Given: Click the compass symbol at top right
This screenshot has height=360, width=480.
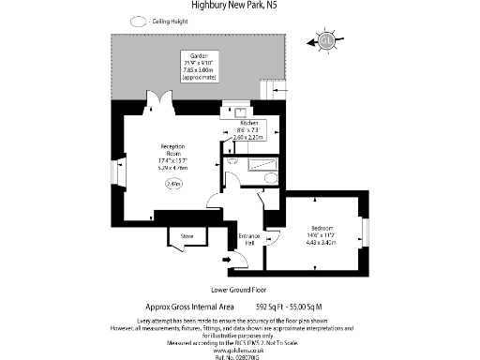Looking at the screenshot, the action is coord(326,39).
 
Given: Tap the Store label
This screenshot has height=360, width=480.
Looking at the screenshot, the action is coord(187,235).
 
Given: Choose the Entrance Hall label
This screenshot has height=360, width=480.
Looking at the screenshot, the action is coord(248,239).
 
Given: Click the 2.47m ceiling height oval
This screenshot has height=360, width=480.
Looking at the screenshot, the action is coord(173,186).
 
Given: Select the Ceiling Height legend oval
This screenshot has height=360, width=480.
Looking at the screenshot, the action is coord(139,21).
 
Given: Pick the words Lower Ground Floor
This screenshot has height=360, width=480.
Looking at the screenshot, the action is coord(239,290).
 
